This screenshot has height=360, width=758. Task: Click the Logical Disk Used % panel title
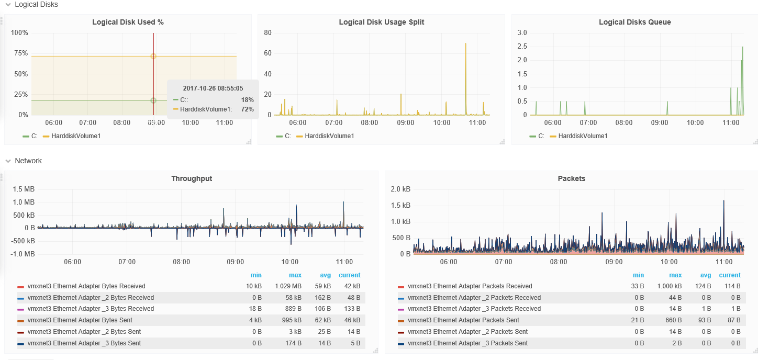coord(128,22)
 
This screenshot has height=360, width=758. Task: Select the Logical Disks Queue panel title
coord(634,22)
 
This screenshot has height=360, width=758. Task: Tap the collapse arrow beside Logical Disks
coord(8,4)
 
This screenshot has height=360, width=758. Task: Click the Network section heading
coord(28,161)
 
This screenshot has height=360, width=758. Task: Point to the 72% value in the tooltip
coord(247,109)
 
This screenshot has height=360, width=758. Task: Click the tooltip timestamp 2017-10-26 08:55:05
coord(213,88)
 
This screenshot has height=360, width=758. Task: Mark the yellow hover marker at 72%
coord(153,56)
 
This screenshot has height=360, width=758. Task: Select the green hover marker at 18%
coord(153,100)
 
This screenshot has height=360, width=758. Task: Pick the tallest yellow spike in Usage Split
coord(465,44)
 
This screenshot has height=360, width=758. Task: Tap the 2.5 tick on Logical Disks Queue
coord(521,47)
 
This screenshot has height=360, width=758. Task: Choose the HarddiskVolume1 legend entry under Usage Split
coord(329,136)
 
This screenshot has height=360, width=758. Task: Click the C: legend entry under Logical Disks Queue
coord(540,136)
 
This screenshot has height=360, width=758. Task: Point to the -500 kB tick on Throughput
coord(24,241)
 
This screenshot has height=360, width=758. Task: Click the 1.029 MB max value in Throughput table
coord(288,286)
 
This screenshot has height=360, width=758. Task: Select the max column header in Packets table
coord(675,275)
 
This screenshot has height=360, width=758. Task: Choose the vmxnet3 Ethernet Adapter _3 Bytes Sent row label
coord(84,343)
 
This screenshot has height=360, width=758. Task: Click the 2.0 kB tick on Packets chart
coord(400,189)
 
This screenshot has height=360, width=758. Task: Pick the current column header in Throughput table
coord(349,275)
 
